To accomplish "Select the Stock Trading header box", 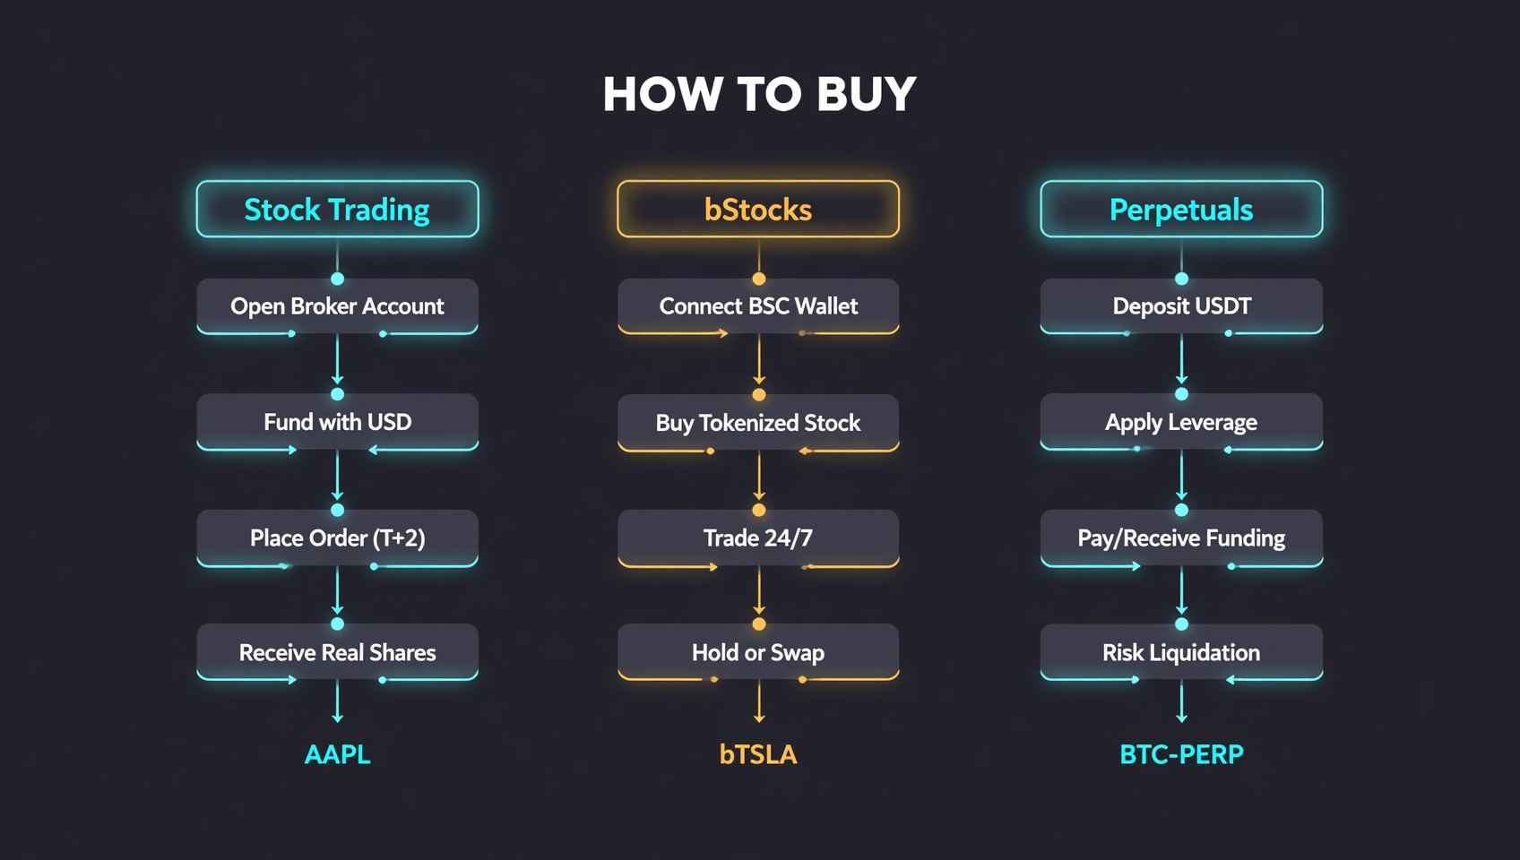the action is pos(337,209).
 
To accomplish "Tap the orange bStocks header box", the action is pos(758,209).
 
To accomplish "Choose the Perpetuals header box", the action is pos(1181,209).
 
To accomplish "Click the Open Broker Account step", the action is pos(337,305).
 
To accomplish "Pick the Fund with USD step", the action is pos(337,422).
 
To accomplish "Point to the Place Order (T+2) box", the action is pos(337,537).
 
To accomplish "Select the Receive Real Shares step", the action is pos(337,652).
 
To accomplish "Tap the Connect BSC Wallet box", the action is pos(758,305).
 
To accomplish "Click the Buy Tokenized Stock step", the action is pos(758,423).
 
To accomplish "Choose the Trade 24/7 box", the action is pos(758,537).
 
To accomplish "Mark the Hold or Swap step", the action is pos(758,652).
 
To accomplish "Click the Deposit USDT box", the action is pos(1181,305).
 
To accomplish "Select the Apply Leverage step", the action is pos(1181,422).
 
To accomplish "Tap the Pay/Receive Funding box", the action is pos(1181,537).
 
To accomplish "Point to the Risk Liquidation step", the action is pos(1181,652).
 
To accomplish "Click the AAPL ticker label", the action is pos(337,754).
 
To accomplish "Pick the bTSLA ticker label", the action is pos(758,754).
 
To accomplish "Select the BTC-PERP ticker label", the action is pos(1181,754).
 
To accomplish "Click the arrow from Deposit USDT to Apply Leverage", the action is pos(1181,360).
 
